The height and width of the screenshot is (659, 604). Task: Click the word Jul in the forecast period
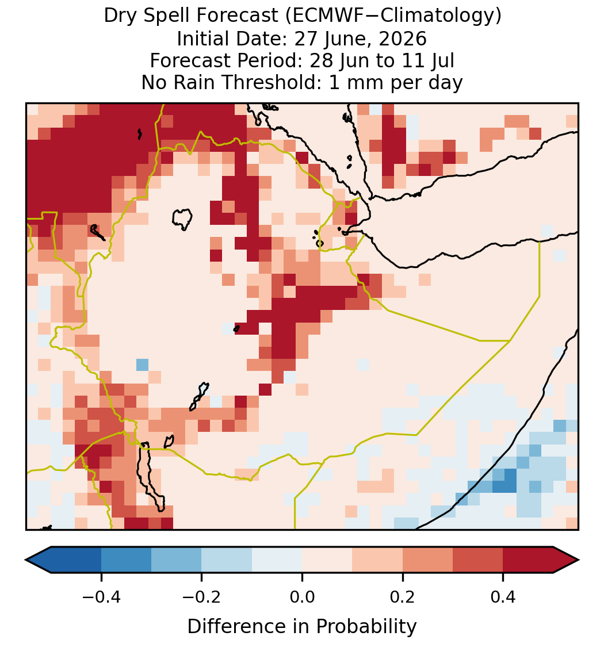click(443, 60)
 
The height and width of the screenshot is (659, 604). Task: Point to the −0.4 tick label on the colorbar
click(101, 597)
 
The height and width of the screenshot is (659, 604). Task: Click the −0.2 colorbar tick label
click(202, 597)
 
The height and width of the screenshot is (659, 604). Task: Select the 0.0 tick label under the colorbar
click(302, 597)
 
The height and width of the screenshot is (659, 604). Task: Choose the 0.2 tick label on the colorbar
click(403, 597)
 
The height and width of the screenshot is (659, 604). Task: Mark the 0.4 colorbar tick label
click(503, 597)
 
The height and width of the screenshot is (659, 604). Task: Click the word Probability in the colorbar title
click(366, 627)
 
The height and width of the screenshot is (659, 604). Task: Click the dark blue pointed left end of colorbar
click(39, 560)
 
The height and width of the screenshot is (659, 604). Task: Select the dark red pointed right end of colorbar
click(566, 560)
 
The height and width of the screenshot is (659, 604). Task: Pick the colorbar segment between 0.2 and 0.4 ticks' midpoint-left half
click(427, 560)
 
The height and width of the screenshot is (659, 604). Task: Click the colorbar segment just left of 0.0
click(277, 560)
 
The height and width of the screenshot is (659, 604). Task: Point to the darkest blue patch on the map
click(504, 481)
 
